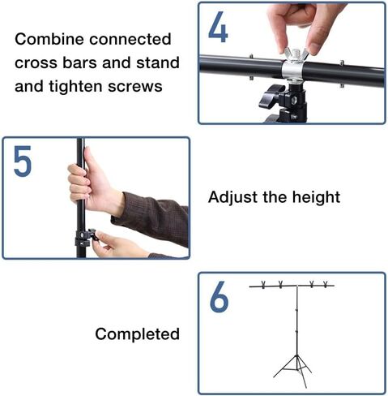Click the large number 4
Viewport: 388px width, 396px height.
218,28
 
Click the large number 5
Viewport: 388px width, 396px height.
23,162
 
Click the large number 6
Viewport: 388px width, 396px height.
219,298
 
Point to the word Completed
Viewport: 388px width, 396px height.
137,334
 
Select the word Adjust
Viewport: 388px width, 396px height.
232,196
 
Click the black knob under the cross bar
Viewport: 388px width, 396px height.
273,97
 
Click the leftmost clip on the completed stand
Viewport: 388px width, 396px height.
266,285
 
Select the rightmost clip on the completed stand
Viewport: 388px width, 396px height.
326,285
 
